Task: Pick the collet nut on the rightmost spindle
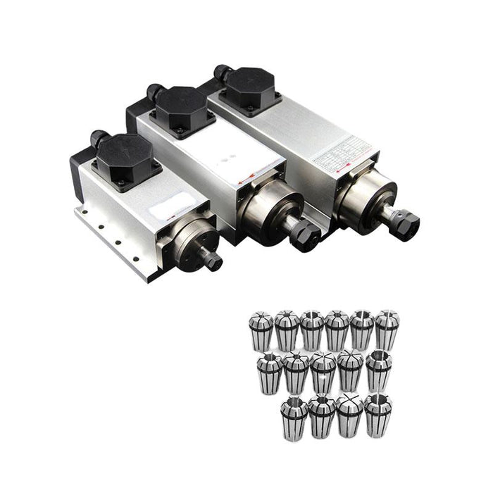[406, 225]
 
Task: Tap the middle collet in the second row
[323, 373]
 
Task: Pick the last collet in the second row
[377, 370]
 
